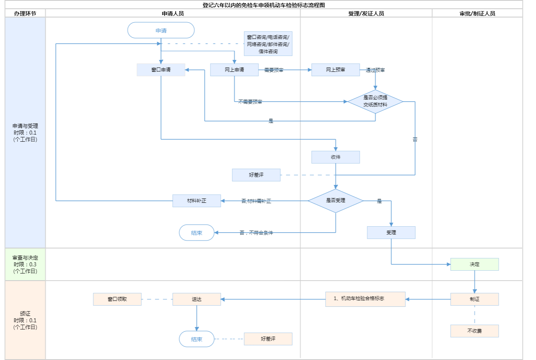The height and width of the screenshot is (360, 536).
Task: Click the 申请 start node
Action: click(161, 31)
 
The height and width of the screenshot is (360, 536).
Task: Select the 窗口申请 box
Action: click(161, 70)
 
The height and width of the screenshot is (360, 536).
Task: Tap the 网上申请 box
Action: click(234, 70)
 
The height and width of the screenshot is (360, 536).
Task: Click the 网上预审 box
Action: click(335, 70)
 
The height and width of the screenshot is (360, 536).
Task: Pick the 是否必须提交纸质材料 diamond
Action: click(375, 101)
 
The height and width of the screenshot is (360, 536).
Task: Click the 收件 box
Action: click(335, 157)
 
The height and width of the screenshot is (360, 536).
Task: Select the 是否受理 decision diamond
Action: click(335, 201)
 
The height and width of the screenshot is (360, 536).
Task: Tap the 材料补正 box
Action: click(197, 201)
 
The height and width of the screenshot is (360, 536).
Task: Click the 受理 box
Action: click(391, 233)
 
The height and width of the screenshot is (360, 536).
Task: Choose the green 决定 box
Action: click(474, 264)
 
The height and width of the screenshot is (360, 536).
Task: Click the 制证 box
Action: click(474, 299)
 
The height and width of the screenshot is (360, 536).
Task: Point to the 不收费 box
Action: click(474, 331)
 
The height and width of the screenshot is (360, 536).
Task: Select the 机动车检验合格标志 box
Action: click(365, 299)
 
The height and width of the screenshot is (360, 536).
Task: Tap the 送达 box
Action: click(197, 299)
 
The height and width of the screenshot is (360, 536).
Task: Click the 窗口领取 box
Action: click(117, 299)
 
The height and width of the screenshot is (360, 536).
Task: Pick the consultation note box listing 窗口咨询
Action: click(268, 44)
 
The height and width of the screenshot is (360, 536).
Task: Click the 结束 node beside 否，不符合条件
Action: click(197, 233)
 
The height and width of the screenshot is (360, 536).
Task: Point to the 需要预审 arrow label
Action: click(274, 70)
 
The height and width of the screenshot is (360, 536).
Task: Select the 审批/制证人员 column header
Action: click(477, 13)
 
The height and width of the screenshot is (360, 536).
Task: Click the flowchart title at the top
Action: click(264, 5)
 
